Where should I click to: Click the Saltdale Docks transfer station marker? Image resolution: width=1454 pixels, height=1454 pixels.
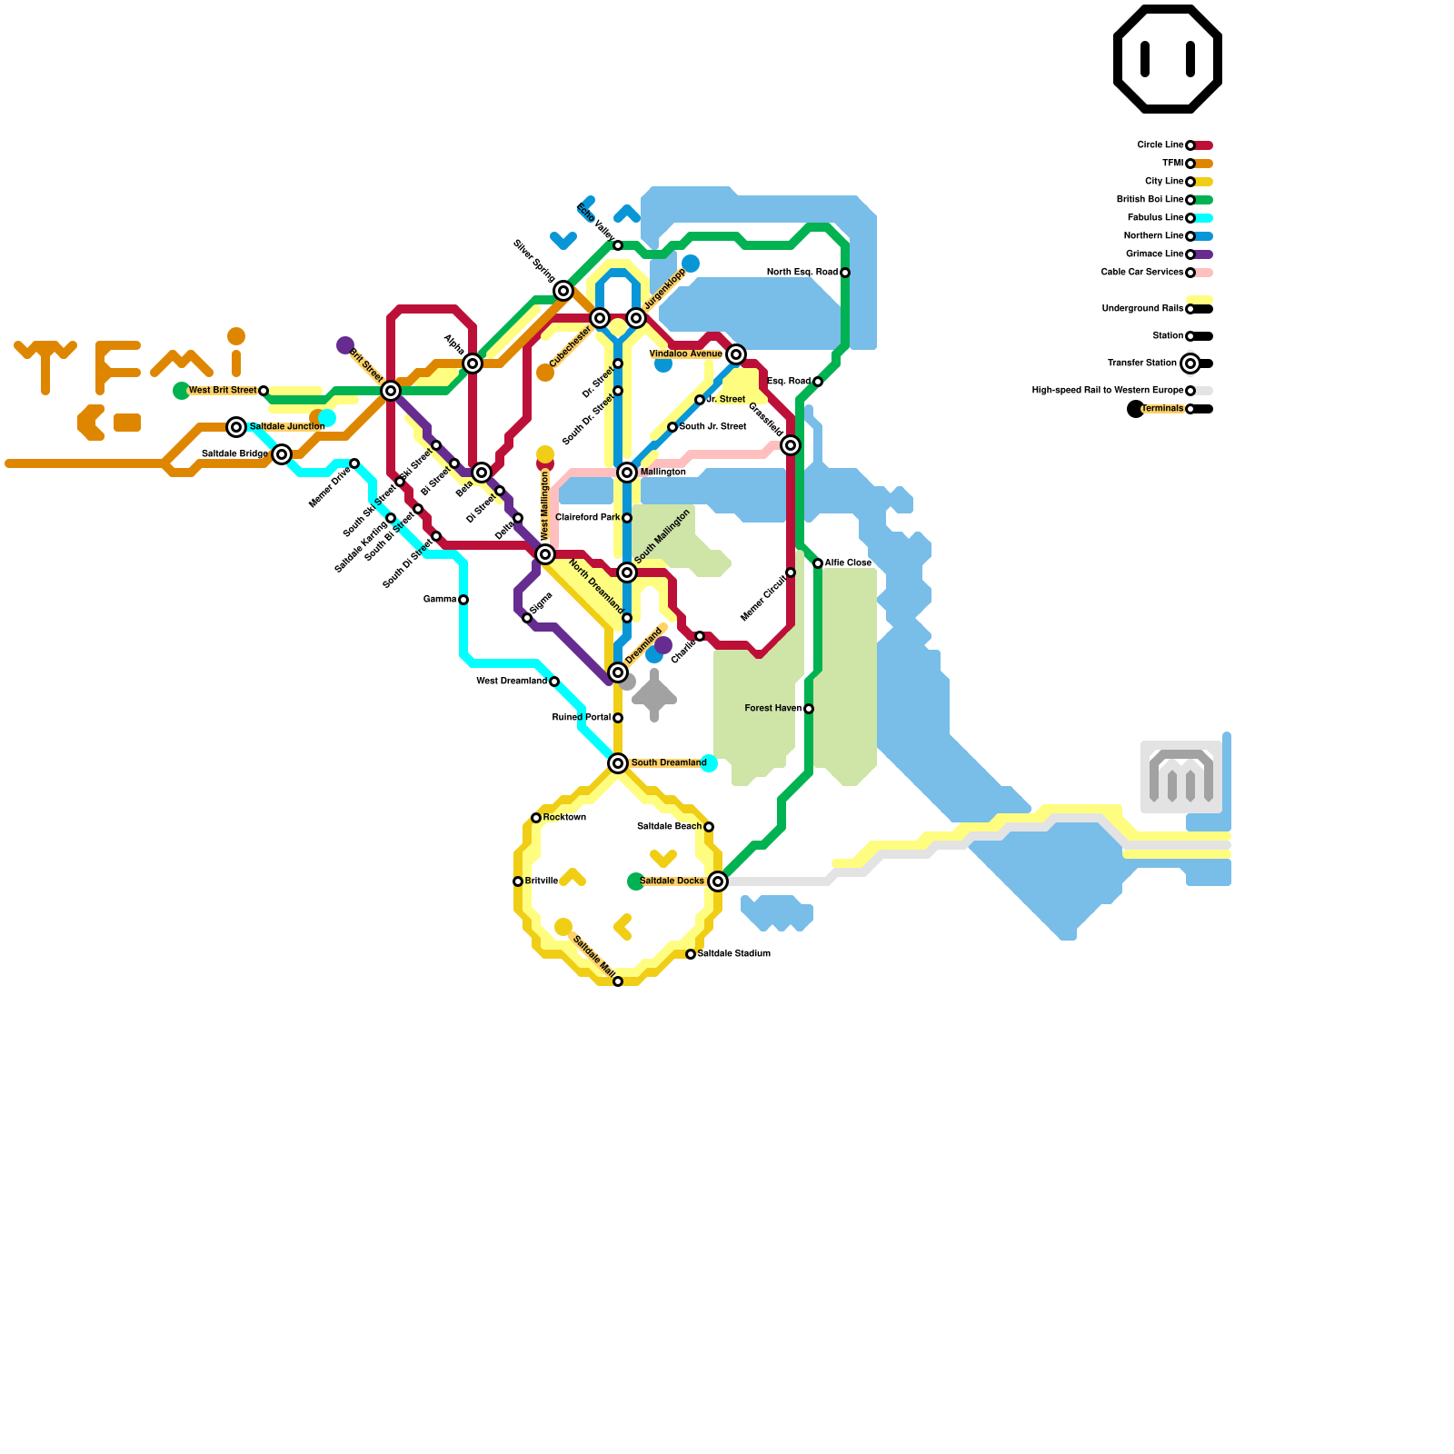718,881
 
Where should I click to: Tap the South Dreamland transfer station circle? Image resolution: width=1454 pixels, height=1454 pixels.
618,763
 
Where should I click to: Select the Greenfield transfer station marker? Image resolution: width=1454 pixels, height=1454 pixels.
791,445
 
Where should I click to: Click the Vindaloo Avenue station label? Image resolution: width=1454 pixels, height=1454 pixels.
685,354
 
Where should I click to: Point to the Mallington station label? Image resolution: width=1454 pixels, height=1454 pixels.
662,473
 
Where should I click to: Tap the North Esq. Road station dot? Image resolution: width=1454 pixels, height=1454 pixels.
845,273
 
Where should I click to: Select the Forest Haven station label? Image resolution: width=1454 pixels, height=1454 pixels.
772,709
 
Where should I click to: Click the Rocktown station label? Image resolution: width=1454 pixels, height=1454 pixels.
564,818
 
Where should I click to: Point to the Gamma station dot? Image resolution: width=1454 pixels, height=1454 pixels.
463,600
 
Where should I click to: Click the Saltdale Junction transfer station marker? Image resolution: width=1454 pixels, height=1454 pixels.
236,427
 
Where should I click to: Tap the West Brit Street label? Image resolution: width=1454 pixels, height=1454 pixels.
222,391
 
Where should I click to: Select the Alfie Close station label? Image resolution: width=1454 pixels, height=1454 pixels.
848,563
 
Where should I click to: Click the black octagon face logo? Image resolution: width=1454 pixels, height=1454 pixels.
1168,59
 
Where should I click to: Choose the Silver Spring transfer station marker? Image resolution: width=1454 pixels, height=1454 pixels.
563,291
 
